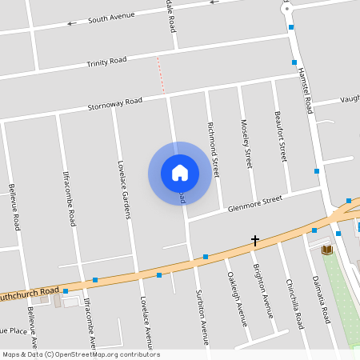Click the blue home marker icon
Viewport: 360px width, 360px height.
180,173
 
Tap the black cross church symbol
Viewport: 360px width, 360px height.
255,240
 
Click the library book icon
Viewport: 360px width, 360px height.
326,250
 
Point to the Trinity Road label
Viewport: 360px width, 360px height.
107,61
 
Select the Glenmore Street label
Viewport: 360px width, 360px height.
255,203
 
